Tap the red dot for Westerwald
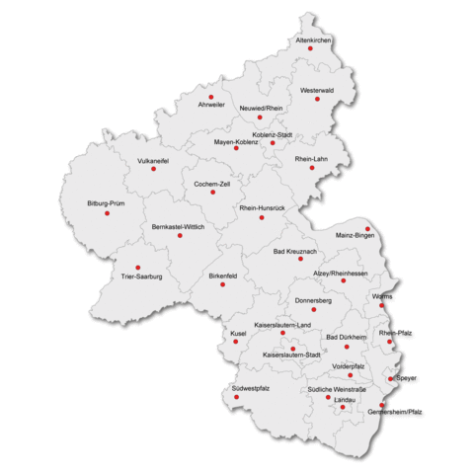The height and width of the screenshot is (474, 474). point(318,99)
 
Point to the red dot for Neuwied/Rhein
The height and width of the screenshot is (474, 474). point(260,117)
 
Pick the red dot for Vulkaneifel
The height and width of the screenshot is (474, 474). point(153,169)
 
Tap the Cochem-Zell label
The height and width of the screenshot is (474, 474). point(212,184)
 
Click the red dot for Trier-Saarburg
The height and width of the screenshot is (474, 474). point(137,267)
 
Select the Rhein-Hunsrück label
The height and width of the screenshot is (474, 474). point(262,208)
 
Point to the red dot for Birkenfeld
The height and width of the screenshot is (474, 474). point(222,284)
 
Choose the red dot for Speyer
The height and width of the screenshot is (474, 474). point(391,378)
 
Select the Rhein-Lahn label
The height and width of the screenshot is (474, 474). point(311,159)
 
